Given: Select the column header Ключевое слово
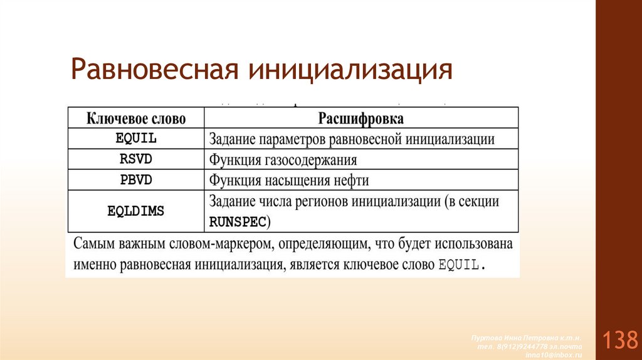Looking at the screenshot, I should pyautogui.click(x=135, y=119).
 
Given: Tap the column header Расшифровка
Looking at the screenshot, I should pyautogui.click(x=360, y=119).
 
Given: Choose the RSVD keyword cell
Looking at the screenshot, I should pyautogui.click(x=135, y=159).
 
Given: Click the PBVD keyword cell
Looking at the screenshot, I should pyautogui.click(x=135, y=180).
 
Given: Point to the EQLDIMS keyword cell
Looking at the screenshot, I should pyautogui.click(x=135, y=211).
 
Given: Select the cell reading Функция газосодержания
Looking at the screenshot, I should pyautogui.click(x=283, y=159).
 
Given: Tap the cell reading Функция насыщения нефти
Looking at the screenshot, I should pyautogui.click(x=289, y=180).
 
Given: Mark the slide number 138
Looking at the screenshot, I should pyautogui.click(x=619, y=341).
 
